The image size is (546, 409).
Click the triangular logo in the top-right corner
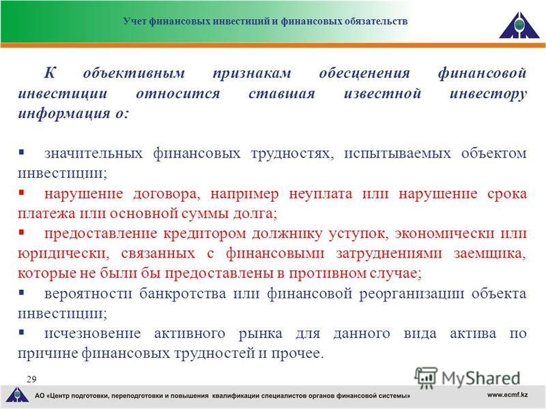(519, 25)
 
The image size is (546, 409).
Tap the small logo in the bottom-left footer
(17, 395)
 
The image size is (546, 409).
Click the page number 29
(31, 379)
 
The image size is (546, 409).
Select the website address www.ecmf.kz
(508, 395)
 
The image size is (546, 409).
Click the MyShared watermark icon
(425, 378)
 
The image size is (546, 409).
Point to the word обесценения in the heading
(364, 73)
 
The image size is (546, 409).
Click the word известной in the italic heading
(382, 93)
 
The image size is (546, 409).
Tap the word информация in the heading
(63, 113)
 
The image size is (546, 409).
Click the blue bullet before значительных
(22, 151)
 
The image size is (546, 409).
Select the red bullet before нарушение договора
(22, 192)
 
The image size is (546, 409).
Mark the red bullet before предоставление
(22, 232)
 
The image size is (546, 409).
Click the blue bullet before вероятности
(22, 292)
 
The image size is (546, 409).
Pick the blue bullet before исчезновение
(22, 332)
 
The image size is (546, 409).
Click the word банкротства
(182, 294)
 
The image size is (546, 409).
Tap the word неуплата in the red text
(320, 194)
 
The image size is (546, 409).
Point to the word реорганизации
(412, 294)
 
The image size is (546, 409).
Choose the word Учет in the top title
(135, 22)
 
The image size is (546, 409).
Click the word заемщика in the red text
(490, 254)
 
